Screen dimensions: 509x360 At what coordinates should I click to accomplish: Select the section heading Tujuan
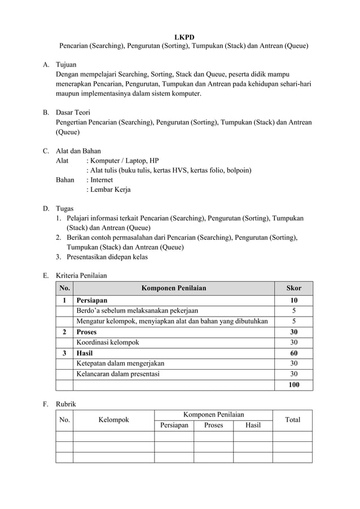(67, 65)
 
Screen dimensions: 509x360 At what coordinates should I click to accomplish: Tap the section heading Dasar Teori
(73, 112)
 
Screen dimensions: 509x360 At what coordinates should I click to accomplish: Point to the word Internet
(101, 180)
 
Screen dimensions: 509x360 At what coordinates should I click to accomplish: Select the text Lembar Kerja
(109, 190)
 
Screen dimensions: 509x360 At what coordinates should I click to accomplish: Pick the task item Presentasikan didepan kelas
(107, 257)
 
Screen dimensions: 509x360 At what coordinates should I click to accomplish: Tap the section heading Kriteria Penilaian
(81, 276)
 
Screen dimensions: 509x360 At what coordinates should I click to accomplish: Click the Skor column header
(293, 288)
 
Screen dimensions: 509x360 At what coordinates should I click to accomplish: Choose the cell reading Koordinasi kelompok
(108, 343)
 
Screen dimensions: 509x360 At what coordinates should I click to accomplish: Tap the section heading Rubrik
(65, 404)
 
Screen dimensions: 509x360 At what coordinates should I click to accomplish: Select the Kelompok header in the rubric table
(113, 420)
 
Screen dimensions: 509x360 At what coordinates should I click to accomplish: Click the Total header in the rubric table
(292, 420)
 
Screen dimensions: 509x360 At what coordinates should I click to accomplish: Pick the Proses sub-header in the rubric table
(213, 425)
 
